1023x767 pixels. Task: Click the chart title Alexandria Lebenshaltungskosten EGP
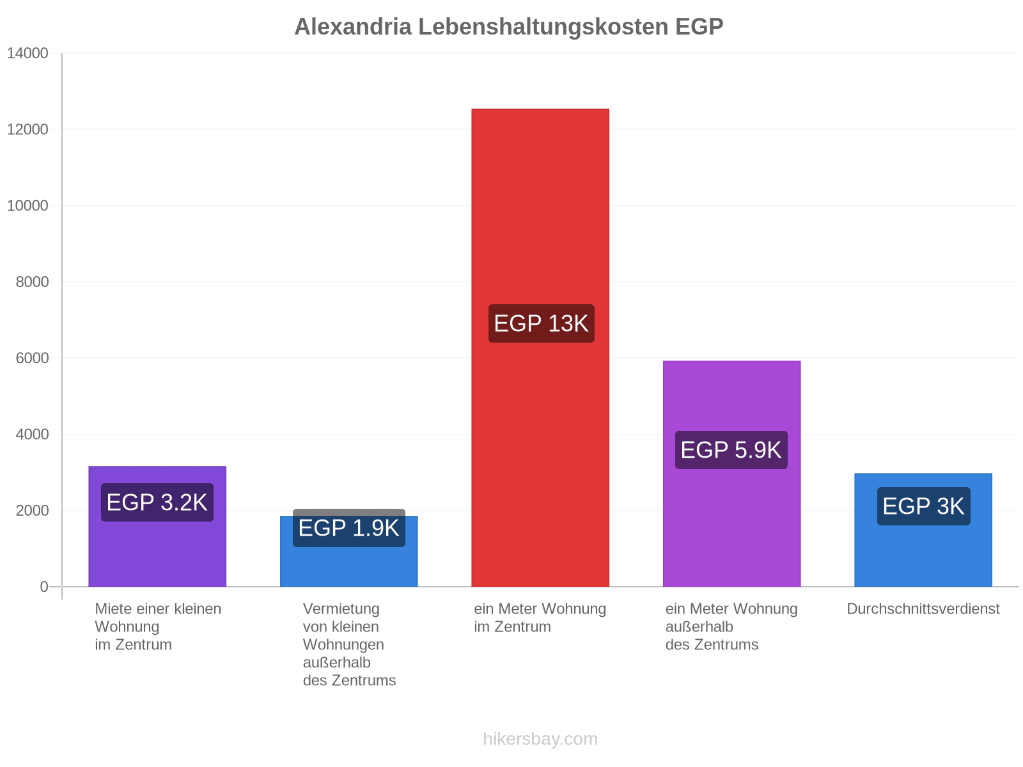coord(508,27)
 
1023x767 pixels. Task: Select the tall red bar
coord(540,348)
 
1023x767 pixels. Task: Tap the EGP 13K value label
coord(541,323)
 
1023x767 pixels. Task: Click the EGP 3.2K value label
coord(157,502)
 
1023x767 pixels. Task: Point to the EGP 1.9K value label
coord(348,528)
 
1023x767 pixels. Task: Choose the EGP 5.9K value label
coord(731,450)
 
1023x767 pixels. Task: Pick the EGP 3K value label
coord(923,506)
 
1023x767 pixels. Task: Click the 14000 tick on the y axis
coord(27,53)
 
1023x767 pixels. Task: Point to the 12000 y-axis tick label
coord(27,130)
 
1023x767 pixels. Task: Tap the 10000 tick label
coord(27,206)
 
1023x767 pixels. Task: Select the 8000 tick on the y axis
coord(32,282)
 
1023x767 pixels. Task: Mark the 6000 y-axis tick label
coord(32,358)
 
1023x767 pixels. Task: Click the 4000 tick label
coord(32,435)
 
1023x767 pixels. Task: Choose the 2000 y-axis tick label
coord(32,511)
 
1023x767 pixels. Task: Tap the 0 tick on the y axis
coord(44,587)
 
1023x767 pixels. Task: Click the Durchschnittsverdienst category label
coord(923,608)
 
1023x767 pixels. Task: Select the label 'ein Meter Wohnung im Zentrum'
coord(540,617)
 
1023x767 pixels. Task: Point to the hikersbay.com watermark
coord(540,739)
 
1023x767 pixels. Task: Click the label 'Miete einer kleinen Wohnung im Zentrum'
coord(158,626)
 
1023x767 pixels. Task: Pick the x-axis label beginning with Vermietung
coord(349,644)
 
